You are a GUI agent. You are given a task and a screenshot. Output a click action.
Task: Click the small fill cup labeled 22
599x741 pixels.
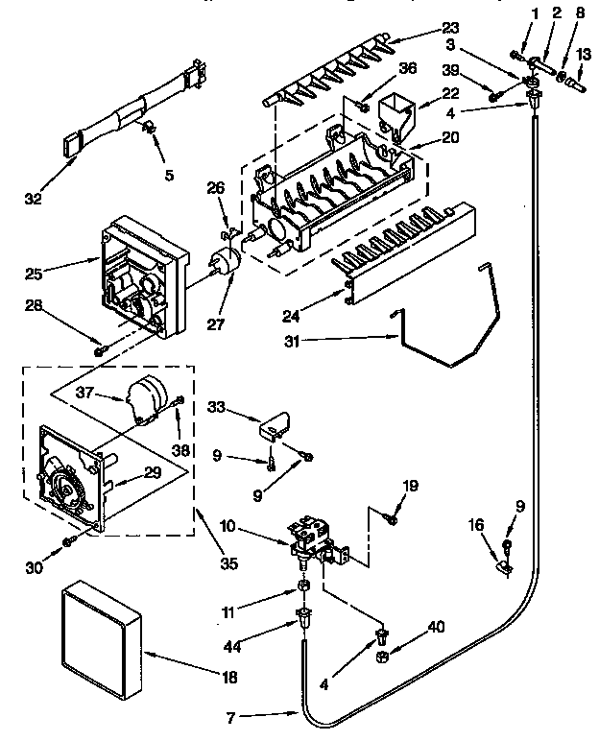[396, 111]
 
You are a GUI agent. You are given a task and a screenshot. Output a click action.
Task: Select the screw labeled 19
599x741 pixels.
[391, 519]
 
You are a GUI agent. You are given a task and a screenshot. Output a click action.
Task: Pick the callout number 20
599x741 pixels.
[424, 138]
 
